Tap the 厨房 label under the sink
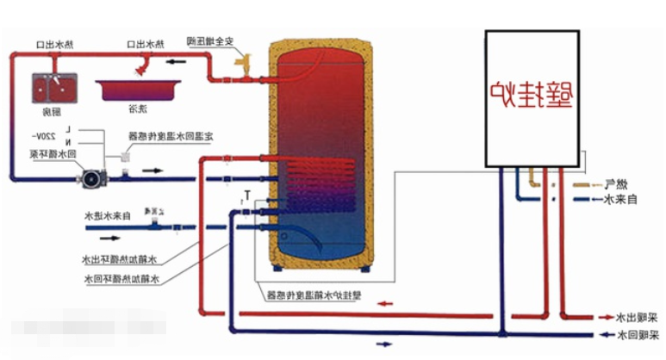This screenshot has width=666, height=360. point(52,112)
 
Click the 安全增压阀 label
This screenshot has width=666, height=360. point(209,40)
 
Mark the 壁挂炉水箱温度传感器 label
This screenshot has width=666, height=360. point(310,295)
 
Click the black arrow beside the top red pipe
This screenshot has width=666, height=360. point(174,62)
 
